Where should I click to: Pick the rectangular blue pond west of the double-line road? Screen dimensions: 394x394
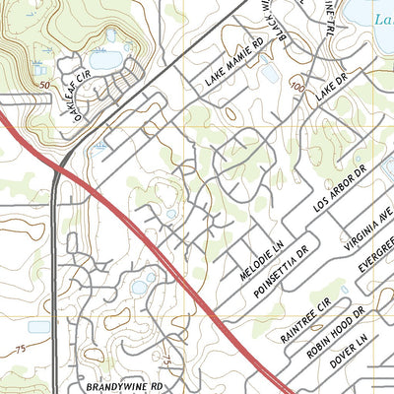click(x=39, y=326)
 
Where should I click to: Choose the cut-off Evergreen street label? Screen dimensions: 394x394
click(x=374, y=267)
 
